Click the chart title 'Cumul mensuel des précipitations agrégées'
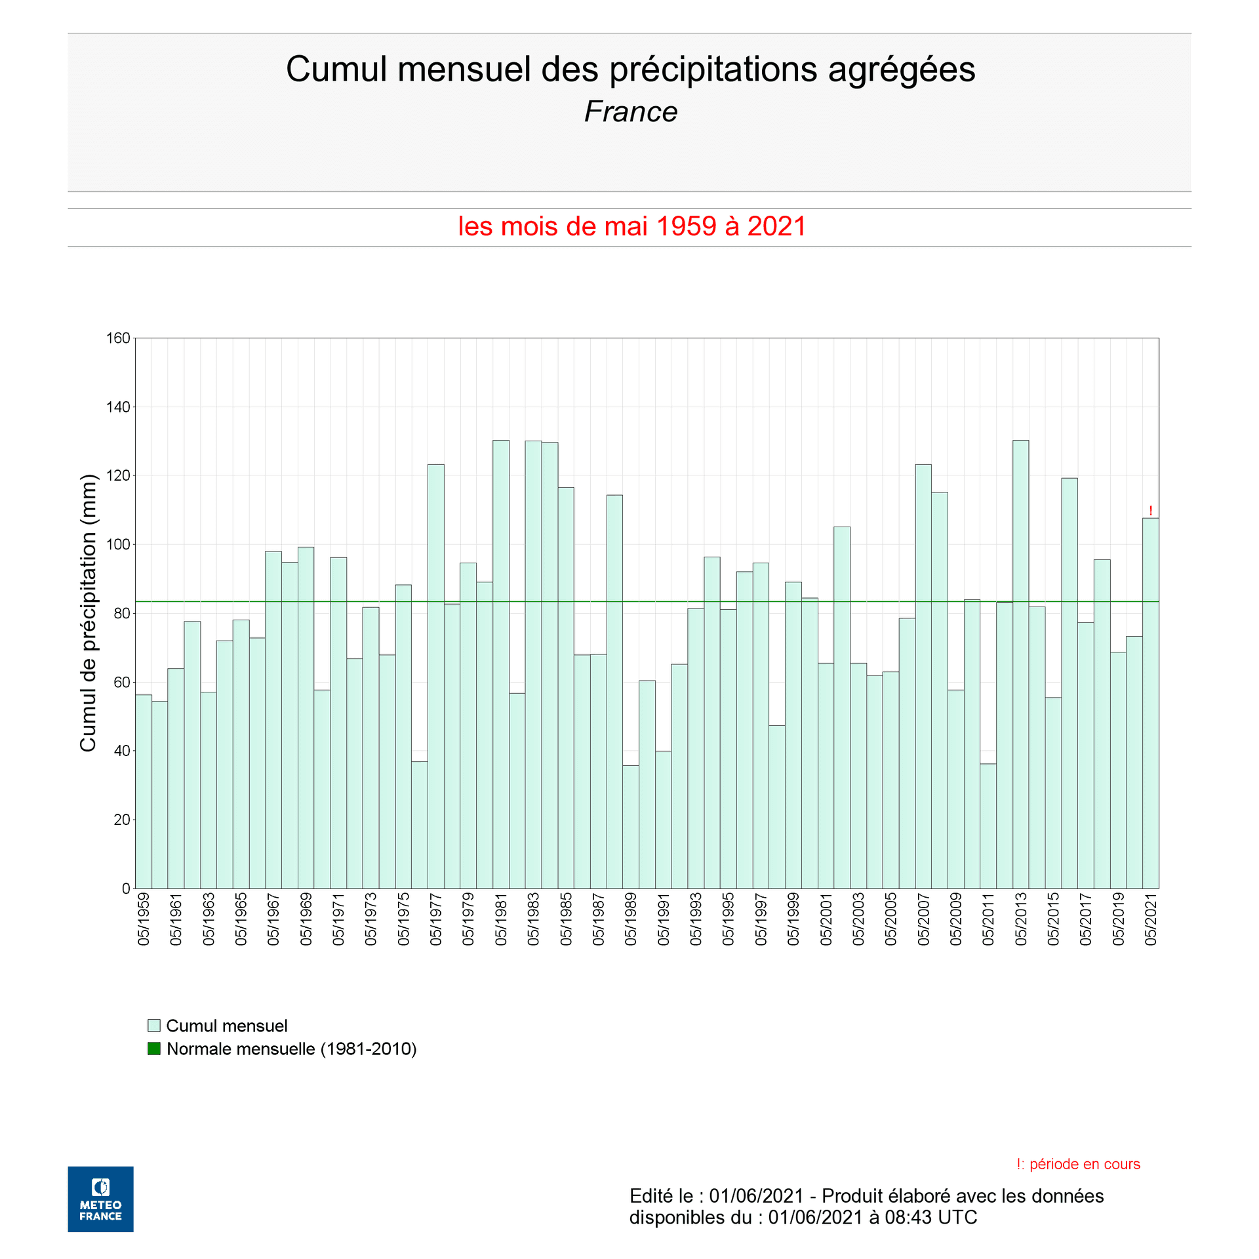click(x=630, y=69)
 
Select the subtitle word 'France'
click(x=630, y=111)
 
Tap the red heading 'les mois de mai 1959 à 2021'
click(x=631, y=226)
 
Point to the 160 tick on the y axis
click(x=118, y=338)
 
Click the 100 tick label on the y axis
click(x=118, y=544)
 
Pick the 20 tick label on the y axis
click(x=122, y=820)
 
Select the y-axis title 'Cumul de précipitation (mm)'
click(x=88, y=612)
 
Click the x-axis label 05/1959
click(x=144, y=919)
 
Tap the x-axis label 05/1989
click(x=631, y=919)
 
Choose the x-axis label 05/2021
click(x=1151, y=919)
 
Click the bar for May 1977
click(x=436, y=676)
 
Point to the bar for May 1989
click(x=631, y=827)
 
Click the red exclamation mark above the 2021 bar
click(x=1151, y=511)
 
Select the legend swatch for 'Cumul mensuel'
click(x=154, y=1026)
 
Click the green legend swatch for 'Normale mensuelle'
click(x=154, y=1049)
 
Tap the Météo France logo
click(x=100, y=1199)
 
